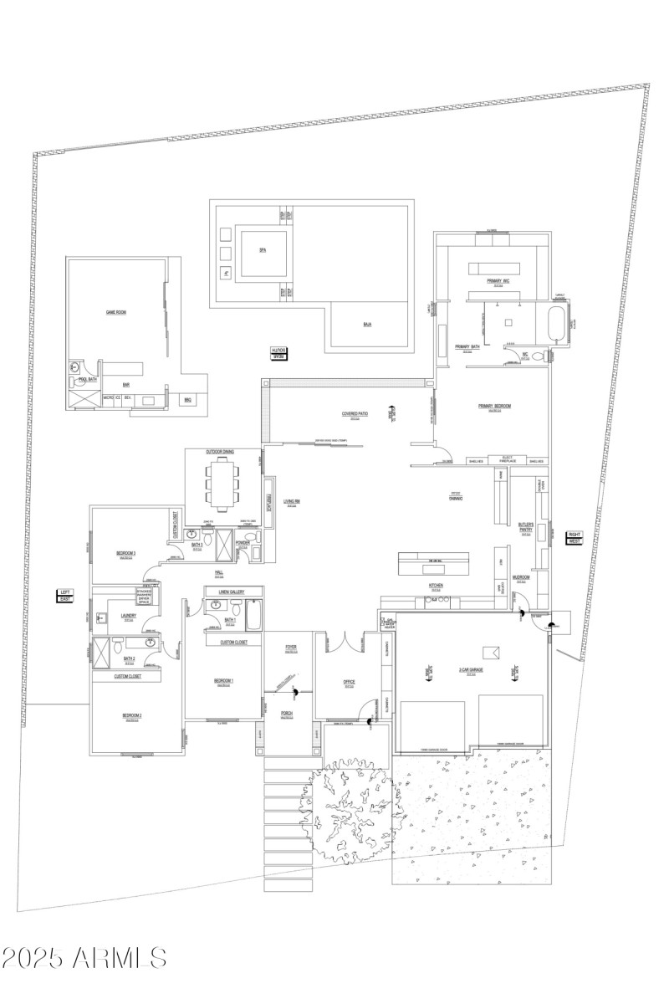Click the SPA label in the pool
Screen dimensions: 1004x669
click(x=263, y=250)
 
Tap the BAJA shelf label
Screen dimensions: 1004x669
click(x=367, y=324)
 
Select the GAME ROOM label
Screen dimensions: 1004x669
click(x=115, y=311)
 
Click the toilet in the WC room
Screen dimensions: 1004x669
click(x=549, y=356)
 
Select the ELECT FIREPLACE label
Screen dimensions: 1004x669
click(x=506, y=459)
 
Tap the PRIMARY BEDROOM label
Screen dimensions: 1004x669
click(x=494, y=407)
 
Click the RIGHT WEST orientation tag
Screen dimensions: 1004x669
click(x=575, y=537)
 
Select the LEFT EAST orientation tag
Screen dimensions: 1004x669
click(x=65, y=595)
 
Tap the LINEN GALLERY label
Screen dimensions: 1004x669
click(x=230, y=592)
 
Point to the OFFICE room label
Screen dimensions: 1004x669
click(x=350, y=682)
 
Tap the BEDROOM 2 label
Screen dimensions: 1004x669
click(x=131, y=715)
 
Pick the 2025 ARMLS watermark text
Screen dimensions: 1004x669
click(x=84, y=957)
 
